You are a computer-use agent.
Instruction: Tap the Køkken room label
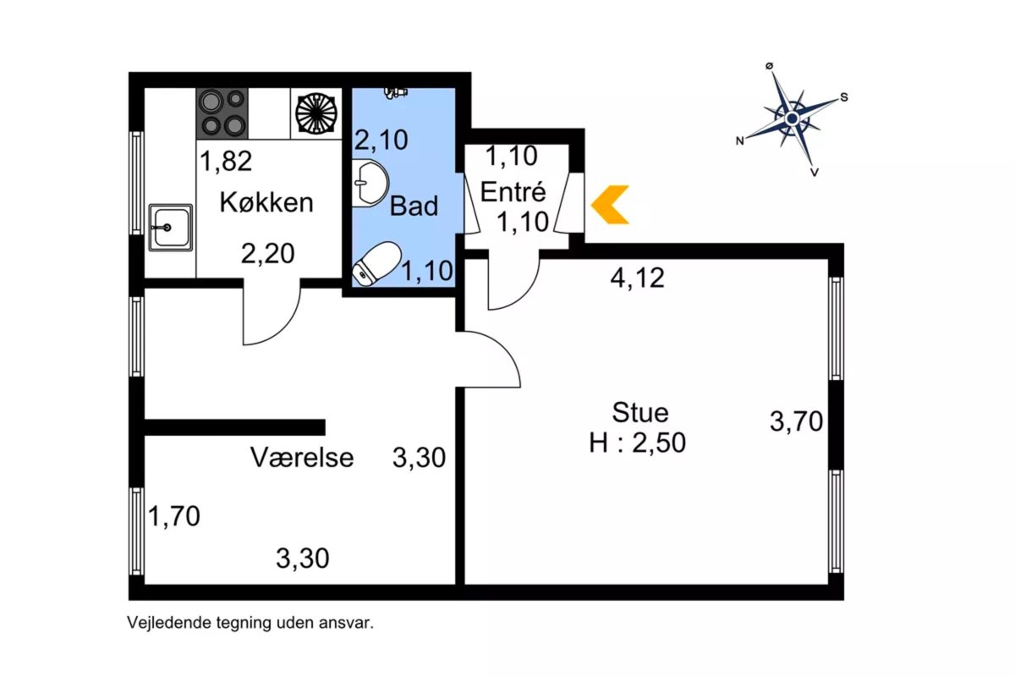(x=266, y=202)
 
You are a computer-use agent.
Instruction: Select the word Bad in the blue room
(x=414, y=206)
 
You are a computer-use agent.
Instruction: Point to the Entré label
(x=513, y=192)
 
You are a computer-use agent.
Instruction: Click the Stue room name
(x=639, y=413)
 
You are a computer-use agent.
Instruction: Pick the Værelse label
(x=302, y=457)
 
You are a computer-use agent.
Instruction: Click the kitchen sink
(x=170, y=227)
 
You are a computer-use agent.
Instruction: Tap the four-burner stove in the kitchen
(x=222, y=113)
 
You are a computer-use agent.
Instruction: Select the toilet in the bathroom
(x=377, y=263)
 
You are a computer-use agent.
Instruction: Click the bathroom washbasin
(x=370, y=183)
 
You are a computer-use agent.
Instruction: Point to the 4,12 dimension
(x=637, y=278)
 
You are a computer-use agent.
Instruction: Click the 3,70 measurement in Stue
(x=796, y=421)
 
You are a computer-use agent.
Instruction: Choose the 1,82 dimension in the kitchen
(x=226, y=161)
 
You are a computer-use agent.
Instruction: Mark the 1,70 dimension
(x=174, y=516)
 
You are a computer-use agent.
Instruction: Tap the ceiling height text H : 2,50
(x=637, y=443)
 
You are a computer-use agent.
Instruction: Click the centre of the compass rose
(x=792, y=118)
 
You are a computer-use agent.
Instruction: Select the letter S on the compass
(x=844, y=97)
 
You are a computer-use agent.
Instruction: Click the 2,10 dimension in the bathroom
(x=381, y=140)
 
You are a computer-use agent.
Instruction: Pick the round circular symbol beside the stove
(x=315, y=113)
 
